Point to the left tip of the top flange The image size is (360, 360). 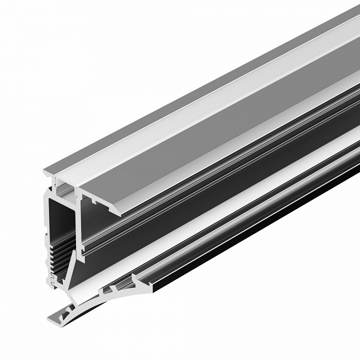pyautogui.click(x=44, y=172)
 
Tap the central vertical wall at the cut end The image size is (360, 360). pyautogui.click(x=78, y=220)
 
